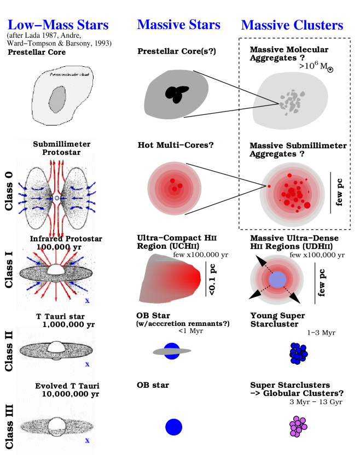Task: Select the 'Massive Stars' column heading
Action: [178, 25]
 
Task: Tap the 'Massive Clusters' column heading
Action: [292, 25]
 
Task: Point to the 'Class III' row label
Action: [9, 427]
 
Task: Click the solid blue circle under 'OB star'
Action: [173, 427]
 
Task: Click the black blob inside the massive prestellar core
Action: [176, 95]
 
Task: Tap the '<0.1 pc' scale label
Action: [212, 279]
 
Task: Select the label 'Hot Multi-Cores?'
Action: [175, 145]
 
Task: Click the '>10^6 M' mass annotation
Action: [317, 66]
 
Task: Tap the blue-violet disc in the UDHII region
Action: [278, 278]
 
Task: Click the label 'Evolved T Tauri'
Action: [67, 386]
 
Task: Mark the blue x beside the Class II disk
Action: [87, 364]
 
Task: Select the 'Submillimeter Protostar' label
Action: [61, 148]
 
